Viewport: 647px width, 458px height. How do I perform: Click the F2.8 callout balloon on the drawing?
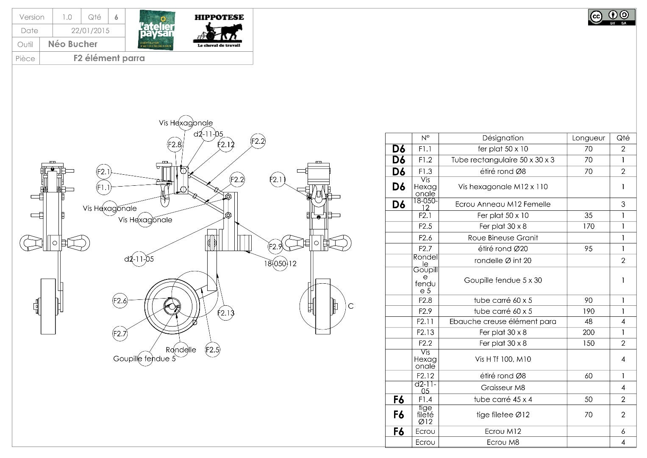[x=175, y=145]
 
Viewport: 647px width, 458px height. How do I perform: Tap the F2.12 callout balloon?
[x=226, y=145]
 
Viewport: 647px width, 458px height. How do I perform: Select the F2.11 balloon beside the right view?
[x=278, y=180]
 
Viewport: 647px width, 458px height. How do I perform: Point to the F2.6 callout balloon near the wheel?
[x=120, y=301]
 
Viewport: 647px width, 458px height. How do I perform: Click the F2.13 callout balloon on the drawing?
[x=225, y=313]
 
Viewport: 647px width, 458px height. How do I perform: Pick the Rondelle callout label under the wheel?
[x=181, y=350]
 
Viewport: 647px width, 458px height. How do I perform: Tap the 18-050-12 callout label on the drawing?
[x=280, y=263]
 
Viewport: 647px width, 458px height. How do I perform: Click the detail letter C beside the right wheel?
[x=350, y=306]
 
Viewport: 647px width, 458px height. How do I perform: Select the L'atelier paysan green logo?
[x=156, y=29]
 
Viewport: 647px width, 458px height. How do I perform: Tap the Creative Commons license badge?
[x=611, y=17]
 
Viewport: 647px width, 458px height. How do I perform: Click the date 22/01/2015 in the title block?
[x=90, y=31]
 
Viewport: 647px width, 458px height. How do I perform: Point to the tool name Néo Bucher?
[x=73, y=44]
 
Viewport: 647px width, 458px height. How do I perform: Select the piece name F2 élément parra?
[x=109, y=58]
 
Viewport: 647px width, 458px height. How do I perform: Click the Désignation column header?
[x=503, y=138]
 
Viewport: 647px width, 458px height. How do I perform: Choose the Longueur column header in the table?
[x=588, y=138]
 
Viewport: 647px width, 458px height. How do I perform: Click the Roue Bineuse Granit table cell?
[x=503, y=238]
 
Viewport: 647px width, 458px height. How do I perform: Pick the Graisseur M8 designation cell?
[x=503, y=388]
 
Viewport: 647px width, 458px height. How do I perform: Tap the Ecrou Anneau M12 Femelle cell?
[x=503, y=204]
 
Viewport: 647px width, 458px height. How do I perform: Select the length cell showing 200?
[x=588, y=332]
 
